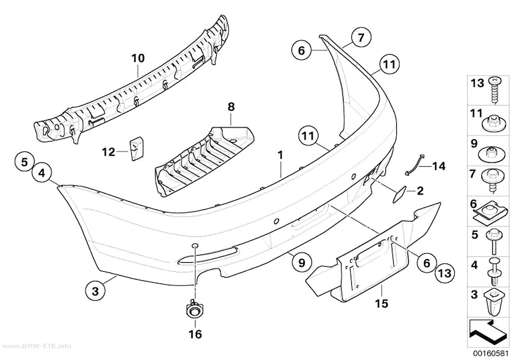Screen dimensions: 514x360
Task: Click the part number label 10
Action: (x=138, y=58)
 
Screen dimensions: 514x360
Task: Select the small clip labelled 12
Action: (x=135, y=149)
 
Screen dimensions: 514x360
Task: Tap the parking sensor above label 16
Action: (x=194, y=310)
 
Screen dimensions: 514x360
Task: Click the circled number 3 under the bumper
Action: (x=95, y=291)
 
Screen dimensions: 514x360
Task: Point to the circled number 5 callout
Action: (x=25, y=162)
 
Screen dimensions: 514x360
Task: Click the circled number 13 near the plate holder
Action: (x=445, y=273)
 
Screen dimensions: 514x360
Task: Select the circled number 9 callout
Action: (x=302, y=263)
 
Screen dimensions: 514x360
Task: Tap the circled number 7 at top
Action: (x=361, y=38)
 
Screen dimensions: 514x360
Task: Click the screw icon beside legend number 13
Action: (x=493, y=90)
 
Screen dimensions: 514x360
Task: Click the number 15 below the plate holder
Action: (x=382, y=303)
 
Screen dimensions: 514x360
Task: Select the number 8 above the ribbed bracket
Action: (x=231, y=107)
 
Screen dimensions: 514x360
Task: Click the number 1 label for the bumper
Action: (x=280, y=155)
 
